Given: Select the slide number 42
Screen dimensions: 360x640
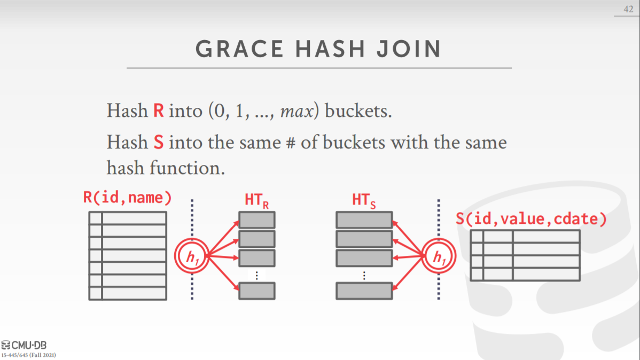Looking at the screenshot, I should click(629, 10).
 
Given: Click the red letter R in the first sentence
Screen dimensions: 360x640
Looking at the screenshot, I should click(159, 111).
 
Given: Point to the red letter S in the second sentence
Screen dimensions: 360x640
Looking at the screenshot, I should click(159, 143).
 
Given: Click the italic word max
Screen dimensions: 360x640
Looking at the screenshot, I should click(293, 111).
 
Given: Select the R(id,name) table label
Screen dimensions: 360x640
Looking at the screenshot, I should click(128, 198).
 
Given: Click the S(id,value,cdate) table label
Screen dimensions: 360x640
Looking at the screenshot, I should click(532, 218).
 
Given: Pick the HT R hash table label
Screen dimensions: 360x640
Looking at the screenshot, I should click(256, 201).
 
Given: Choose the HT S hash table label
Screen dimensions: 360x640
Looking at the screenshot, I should click(364, 201).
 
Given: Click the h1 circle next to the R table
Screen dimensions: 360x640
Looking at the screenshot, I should click(191, 256).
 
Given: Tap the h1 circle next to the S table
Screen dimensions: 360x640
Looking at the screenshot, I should click(438, 257).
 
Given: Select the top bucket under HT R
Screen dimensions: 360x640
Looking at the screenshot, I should click(257, 220).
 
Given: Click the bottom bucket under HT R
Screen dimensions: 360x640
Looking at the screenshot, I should click(257, 291).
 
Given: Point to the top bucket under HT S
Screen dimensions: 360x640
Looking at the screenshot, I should click(364, 220).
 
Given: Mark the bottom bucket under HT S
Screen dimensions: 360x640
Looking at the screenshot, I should click(364, 291).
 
